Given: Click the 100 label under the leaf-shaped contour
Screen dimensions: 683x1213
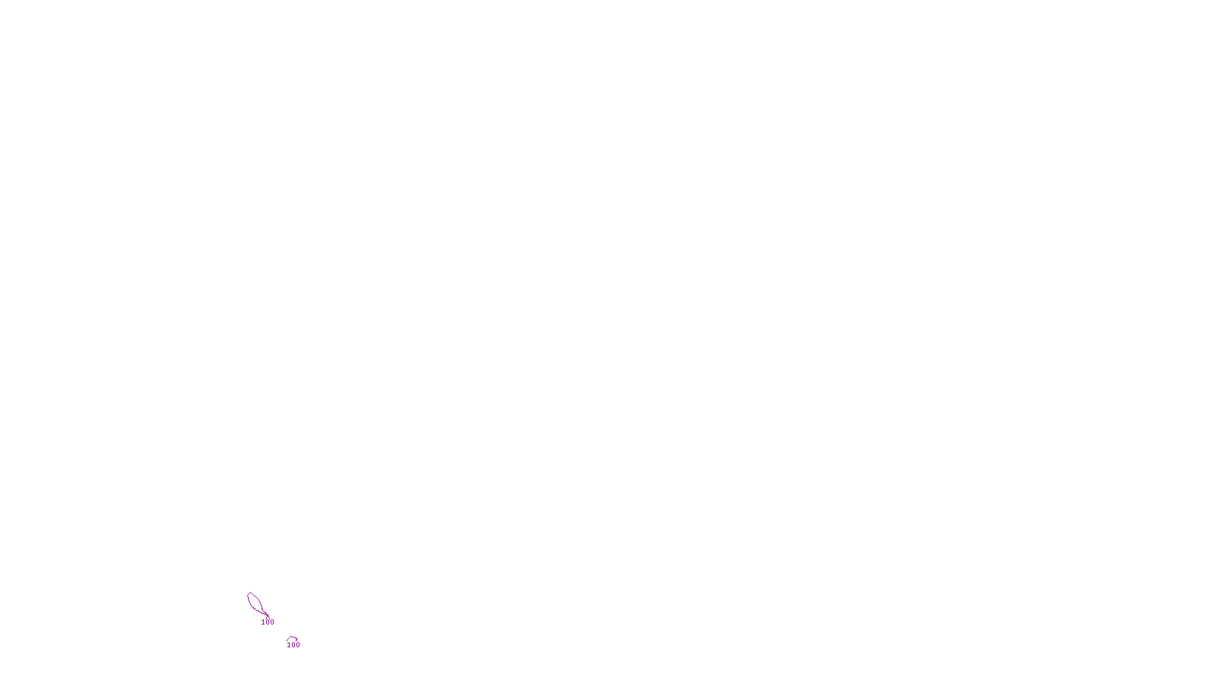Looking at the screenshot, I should coord(268,622).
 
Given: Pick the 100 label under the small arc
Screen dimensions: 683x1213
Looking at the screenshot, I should coord(293,645).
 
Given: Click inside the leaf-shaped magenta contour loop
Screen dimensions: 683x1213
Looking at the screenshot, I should coord(255,603).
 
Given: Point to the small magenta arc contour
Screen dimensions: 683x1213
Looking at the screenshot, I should coord(292,638).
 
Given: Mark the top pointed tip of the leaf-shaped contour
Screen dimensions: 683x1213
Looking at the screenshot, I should coord(249,593).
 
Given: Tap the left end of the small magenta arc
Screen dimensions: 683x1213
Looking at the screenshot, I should coord(287,641).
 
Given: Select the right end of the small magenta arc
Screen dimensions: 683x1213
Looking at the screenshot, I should coord(297,641).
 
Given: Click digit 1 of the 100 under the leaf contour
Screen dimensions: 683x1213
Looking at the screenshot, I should coord(263,622).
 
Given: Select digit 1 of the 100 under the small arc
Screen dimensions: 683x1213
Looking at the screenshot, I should coord(289,645).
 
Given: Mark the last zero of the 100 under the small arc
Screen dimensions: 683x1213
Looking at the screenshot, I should coord(298,645).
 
